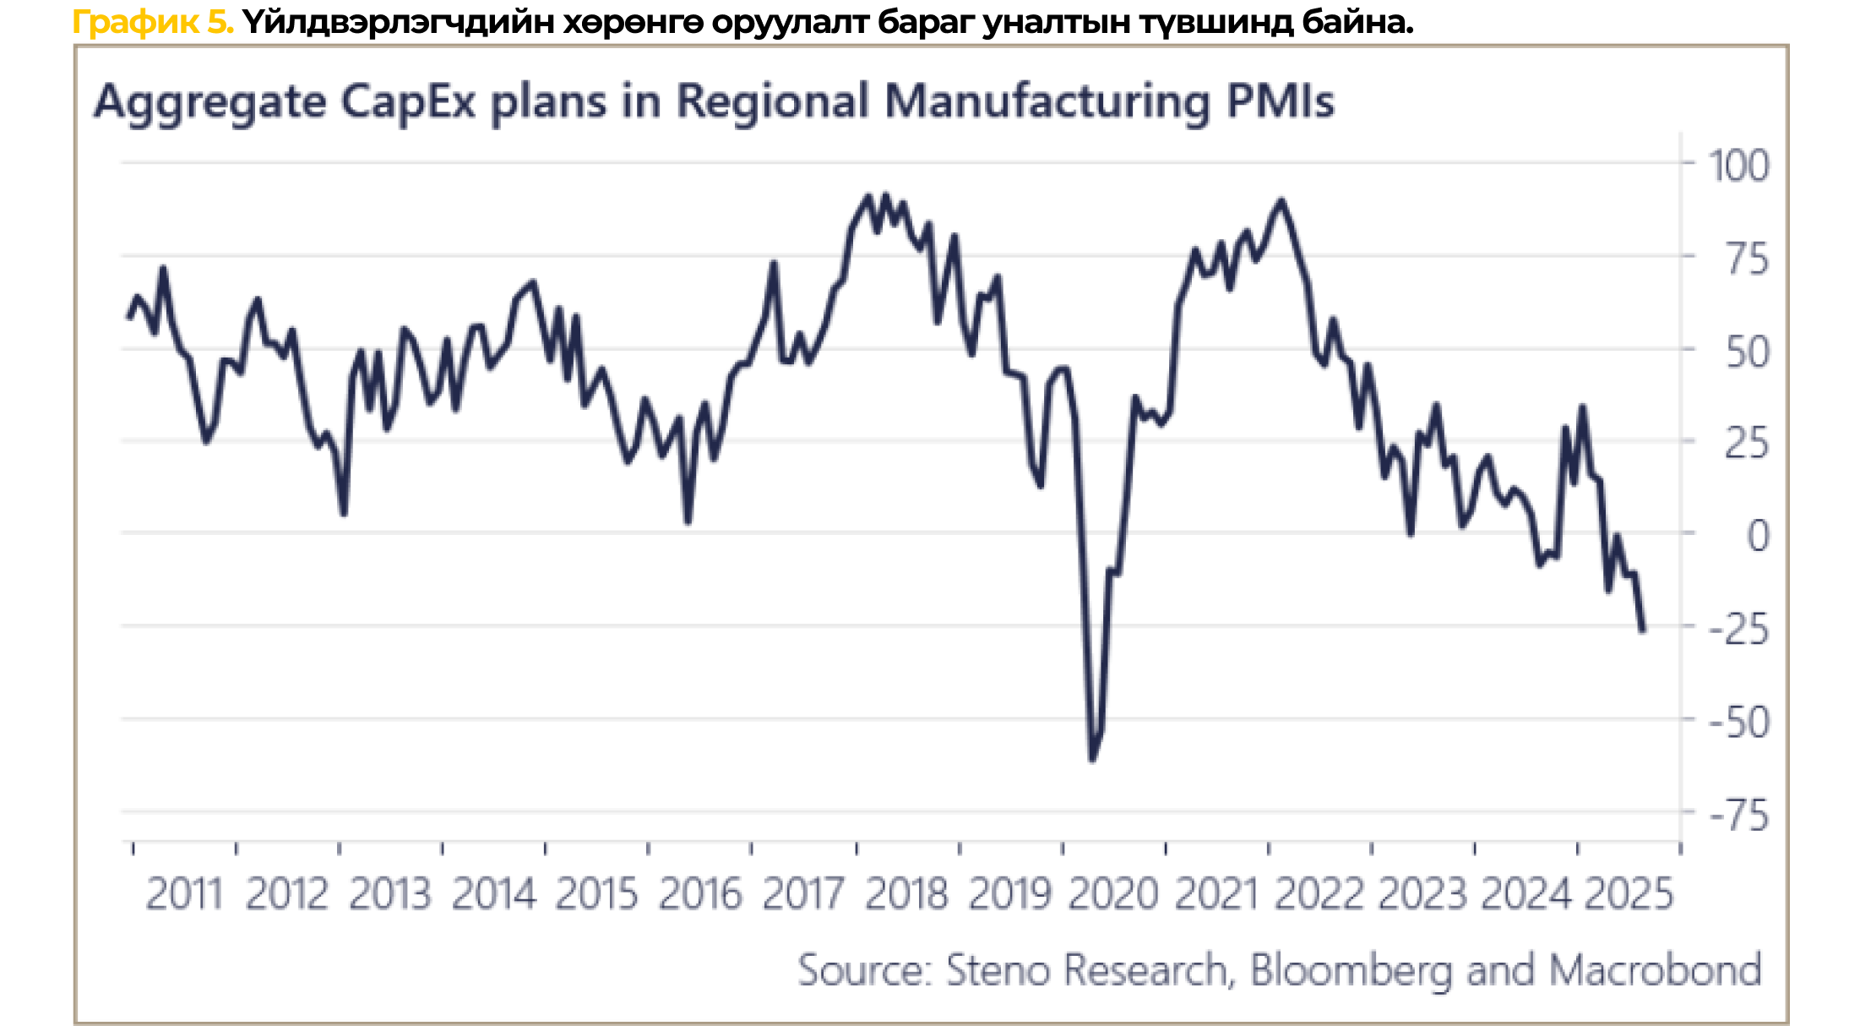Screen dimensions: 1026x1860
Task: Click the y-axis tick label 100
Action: click(x=1738, y=165)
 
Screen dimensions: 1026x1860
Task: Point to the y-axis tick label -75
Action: click(x=1738, y=816)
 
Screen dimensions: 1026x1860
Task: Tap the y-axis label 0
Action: click(x=1757, y=536)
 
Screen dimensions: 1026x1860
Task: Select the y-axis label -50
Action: click(x=1738, y=723)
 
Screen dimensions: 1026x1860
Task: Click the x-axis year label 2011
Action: click(x=184, y=894)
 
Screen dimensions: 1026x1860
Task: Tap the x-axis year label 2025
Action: click(x=1629, y=894)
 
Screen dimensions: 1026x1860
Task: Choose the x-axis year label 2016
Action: click(x=700, y=894)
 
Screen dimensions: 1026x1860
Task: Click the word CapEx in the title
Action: click(x=408, y=102)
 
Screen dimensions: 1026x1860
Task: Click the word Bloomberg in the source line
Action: click(x=1351, y=970)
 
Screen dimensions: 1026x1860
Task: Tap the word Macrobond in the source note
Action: click(x=1656, y=970)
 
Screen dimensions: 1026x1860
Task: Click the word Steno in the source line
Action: click(x=997, y=970)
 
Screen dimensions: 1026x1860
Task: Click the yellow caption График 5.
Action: click(x=153, y=22)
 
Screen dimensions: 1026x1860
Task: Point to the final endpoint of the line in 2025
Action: click(x=1643, y=630)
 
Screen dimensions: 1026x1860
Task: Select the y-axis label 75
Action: click(x=1747, y=259)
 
